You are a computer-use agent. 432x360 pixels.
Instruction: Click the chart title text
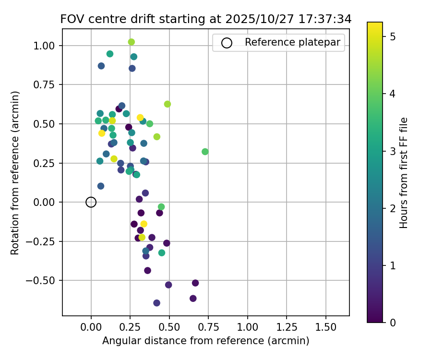[x=206, y=19]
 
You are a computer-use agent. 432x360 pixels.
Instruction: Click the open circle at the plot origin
[x=91, y=202]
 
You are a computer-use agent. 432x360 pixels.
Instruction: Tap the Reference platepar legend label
[x=292, y=42]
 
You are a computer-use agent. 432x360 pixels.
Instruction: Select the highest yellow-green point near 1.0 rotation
[x=132, y=42]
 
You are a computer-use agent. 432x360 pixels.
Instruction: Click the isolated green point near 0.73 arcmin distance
[x=205, y=152]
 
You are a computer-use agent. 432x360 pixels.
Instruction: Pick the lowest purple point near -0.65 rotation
[x=157, y=303]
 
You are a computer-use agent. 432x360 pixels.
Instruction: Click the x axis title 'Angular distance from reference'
[x=205, y=341]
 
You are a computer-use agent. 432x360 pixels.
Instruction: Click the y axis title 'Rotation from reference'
[x=15, y=173]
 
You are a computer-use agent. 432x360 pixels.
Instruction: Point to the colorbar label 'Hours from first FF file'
[x=404, y=173]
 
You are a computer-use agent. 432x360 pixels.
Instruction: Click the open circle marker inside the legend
[x=227, y=43]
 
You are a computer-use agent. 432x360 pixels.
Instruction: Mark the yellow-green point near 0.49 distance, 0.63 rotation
[x=168, y=104]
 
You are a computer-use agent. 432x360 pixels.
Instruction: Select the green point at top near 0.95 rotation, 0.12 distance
[x=110, y=54]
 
